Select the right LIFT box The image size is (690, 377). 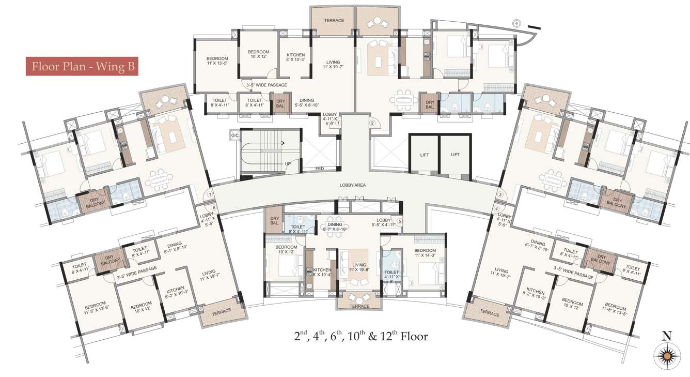[x=455, y=155]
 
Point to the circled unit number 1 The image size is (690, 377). [x=338, y=123]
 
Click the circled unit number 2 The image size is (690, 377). [x=371, y=123]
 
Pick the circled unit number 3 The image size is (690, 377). [x=500, y=194]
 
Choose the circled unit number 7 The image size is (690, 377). [x=210, y=194]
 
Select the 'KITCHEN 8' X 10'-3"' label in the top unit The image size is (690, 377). [x=295, y=57]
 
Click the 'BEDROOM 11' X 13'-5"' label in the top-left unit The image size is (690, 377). [x=217, y=61]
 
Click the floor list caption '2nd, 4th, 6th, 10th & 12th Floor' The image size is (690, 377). [x=360, y=336]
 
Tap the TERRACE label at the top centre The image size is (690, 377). [x=334, y=21]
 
